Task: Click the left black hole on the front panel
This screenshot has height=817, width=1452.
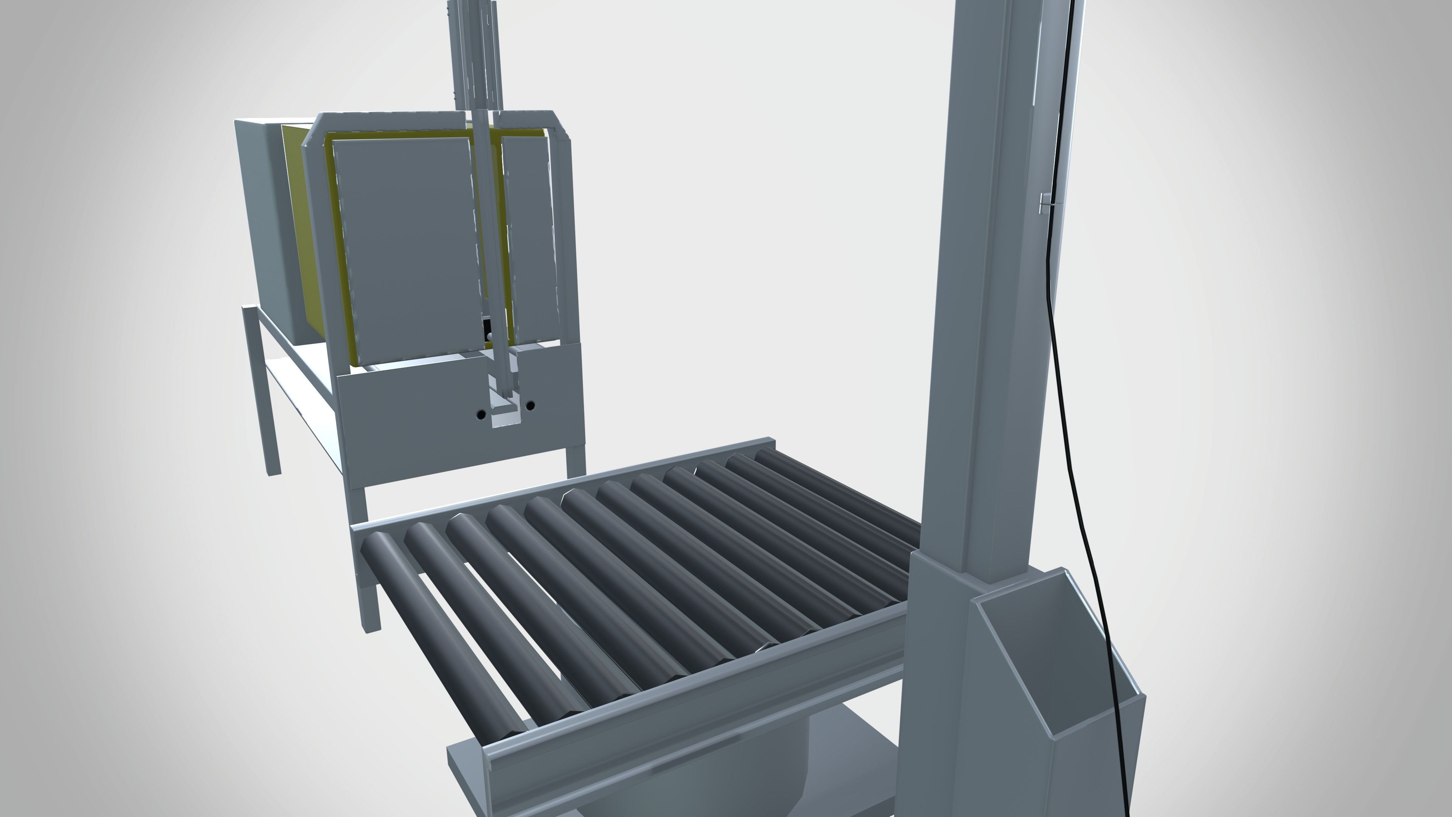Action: (x=481, y=415)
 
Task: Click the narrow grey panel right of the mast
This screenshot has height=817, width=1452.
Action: (x=527, y=237)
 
